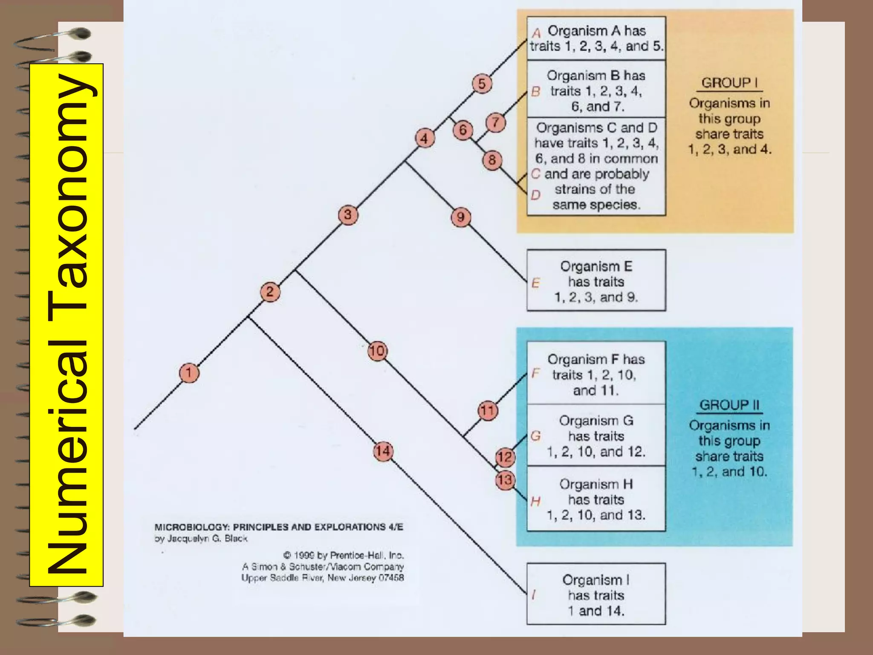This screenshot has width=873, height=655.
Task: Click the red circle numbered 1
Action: (189, 373)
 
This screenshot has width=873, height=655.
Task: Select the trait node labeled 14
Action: (383, 451)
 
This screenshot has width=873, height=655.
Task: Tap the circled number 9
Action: (460, 217)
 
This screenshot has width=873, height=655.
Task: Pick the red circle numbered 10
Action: (377, 351)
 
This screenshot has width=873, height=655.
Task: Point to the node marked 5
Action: (482, 84)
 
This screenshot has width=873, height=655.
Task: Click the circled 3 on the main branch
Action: (348, 215)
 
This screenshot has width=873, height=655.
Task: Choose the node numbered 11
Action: (487, 411)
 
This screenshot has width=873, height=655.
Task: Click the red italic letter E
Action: (536, 283)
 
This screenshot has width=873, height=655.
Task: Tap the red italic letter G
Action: (536, 436)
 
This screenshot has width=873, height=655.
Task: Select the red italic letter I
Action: (534, 594)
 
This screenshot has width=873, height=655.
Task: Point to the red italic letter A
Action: (536, 32)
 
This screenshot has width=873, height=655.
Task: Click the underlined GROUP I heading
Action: (729, 83)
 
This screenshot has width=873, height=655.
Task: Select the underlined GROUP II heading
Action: (729, 405)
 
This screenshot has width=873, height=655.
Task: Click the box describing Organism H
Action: (596, 499)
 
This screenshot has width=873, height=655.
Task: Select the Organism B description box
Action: (596, 90)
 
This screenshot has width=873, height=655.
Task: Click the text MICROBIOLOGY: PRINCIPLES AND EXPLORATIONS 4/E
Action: (278, 527)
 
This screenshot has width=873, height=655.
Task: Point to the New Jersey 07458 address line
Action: (322, 578)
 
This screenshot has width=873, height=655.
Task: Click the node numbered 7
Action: (495, 123)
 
